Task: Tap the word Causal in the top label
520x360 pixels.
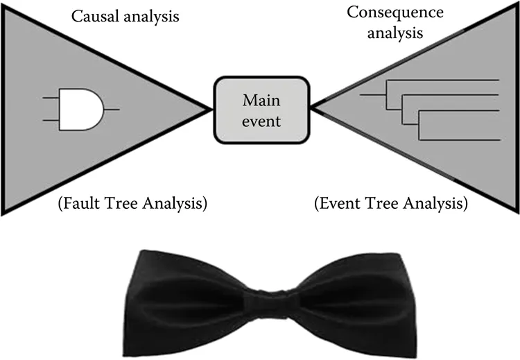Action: pyautogui.click(x=92, y=15)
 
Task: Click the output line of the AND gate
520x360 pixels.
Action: pyautogui.click(x=112, y=110)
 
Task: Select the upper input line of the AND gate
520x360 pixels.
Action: pyautogui.click(x=51, y=98)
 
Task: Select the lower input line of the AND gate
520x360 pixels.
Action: pyautogui.click(x=51, y=121)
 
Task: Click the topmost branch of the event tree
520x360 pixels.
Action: pyautogui.click(x=444, y=80)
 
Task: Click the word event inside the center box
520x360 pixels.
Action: pyautogui.click(x=261, y=121)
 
